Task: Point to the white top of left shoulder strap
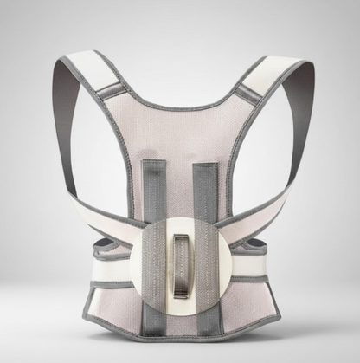[87, 68]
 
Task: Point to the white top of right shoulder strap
[275, 69]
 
